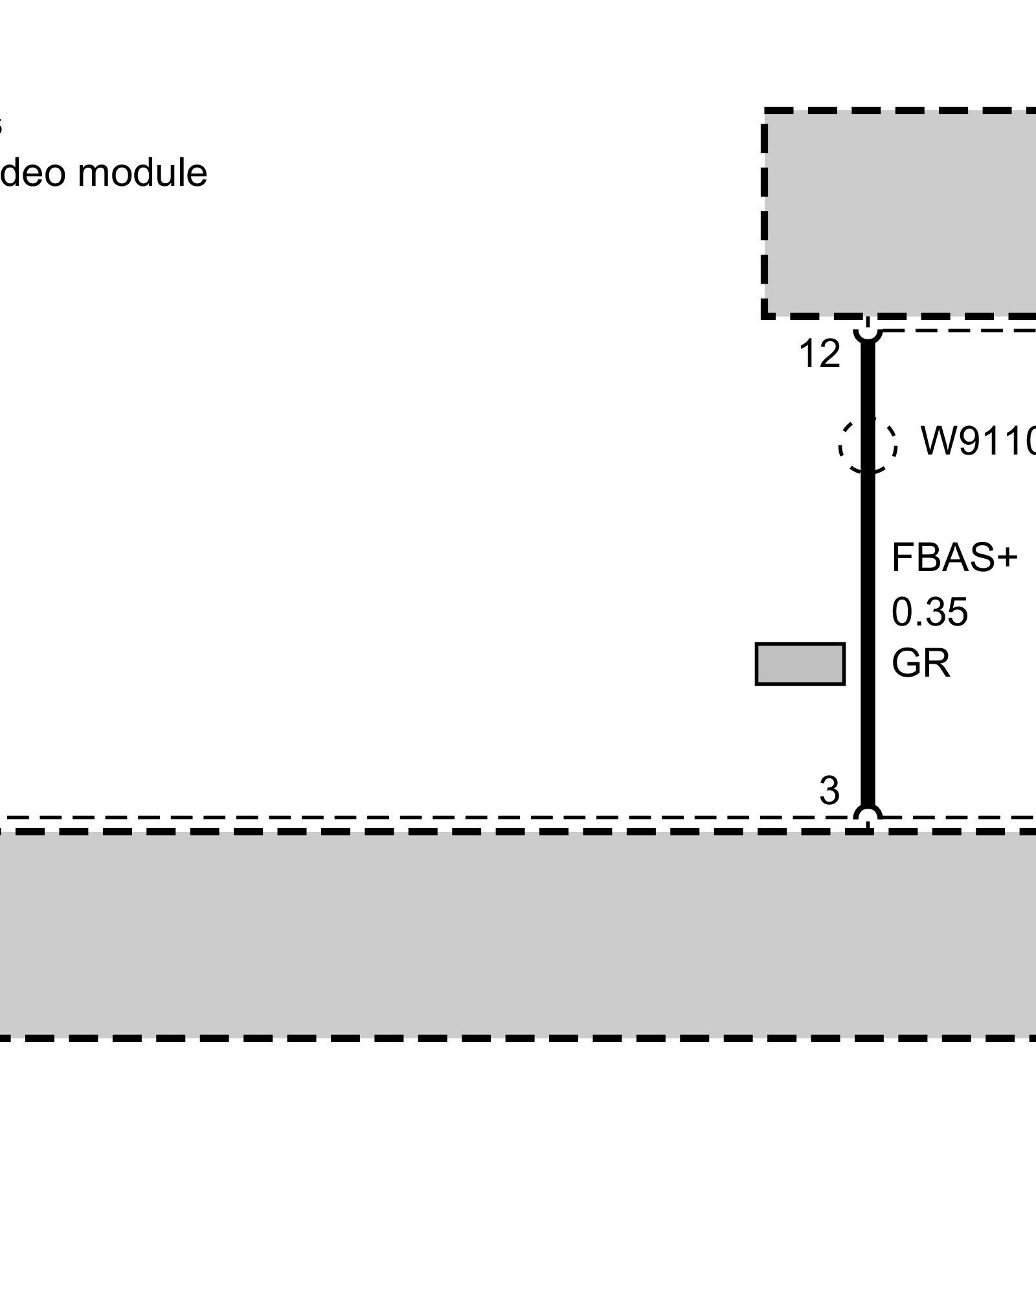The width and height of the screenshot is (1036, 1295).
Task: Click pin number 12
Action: [820, 355]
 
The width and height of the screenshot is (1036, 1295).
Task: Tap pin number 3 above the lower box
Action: [829, 791]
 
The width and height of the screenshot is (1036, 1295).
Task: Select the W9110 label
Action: [978, 442]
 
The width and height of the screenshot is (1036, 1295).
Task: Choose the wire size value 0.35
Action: [930, 612]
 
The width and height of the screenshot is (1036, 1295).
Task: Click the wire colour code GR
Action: [921, 664]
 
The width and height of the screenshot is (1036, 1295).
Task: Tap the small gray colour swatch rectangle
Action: [800, 664]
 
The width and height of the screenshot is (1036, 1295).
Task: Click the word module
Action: [142, 174]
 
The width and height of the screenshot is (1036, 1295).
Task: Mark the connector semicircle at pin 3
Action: [868, 813]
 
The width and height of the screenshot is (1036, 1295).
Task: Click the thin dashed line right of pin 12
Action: [958, 330]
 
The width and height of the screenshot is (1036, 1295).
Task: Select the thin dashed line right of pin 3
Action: [958, 818]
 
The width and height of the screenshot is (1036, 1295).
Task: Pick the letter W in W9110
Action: [935, 442]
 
